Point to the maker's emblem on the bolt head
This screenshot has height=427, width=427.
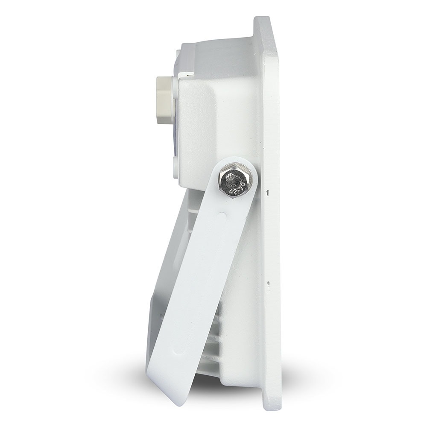[230, 176]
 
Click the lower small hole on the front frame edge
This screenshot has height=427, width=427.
[268, 283]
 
